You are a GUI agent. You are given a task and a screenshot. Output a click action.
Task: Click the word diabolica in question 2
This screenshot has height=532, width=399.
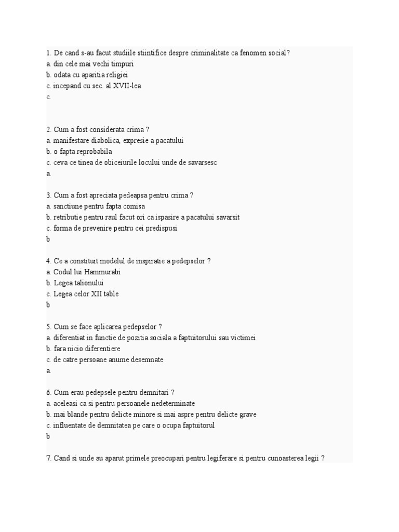point(103,140)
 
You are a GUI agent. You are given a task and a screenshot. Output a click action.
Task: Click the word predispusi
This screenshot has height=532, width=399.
point(160,228)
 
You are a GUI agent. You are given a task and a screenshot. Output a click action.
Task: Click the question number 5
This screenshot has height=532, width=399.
point(48,327)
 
